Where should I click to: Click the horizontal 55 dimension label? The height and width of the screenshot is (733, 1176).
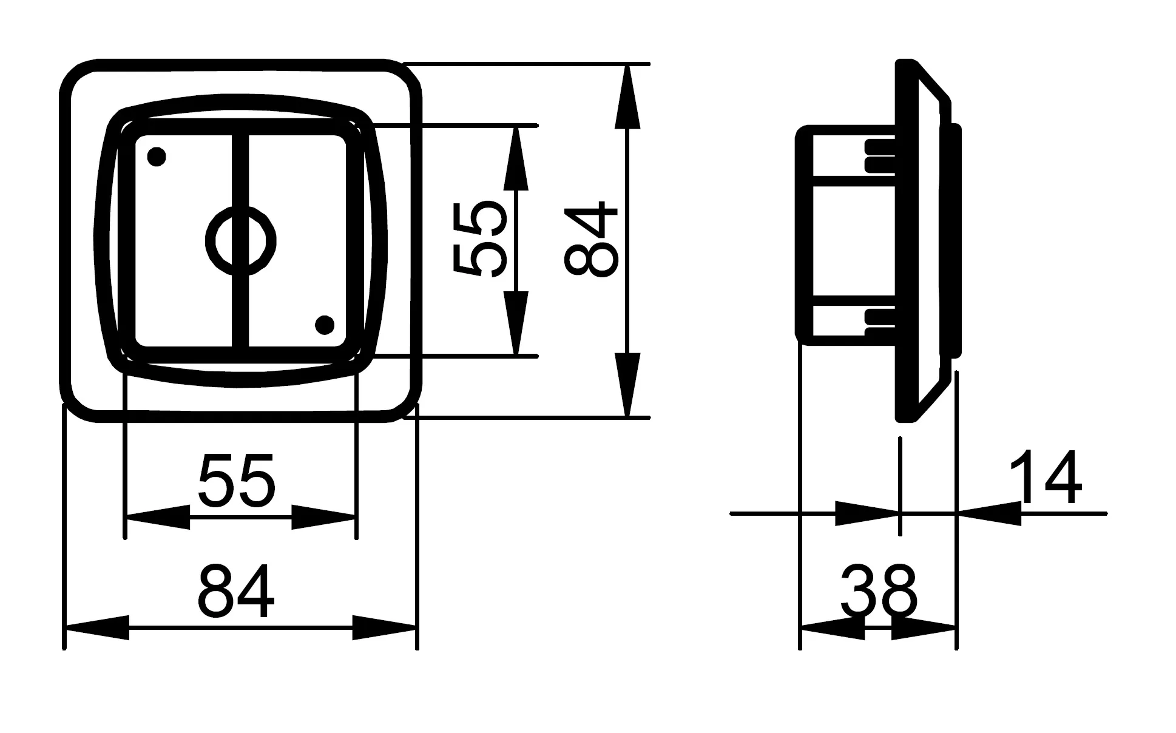(x=237, y=480)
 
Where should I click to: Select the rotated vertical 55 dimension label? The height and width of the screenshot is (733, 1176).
(x=479, y=240)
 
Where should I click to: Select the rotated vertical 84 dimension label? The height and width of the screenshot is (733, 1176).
(x=590, y=240)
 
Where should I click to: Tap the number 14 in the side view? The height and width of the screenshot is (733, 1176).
(x=1045, y=478)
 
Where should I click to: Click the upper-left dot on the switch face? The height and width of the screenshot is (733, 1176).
(x=157, y=157)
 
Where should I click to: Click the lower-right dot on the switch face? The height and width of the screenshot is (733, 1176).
(x=325, y=325)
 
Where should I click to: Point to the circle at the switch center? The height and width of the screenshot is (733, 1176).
(x=241, y=240)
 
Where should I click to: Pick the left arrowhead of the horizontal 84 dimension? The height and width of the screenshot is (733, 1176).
(x=97, y=628)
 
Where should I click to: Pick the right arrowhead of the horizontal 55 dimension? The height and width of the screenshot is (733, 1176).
(x=324, y=517)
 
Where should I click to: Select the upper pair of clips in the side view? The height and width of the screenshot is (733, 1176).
(x=879, y=155)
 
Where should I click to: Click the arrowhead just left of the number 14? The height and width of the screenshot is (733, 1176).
(x=988, y=513)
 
